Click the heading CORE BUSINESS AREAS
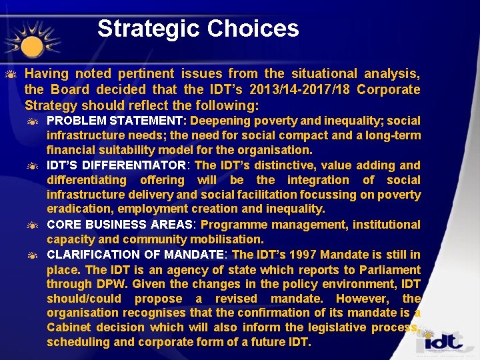coord(119,225)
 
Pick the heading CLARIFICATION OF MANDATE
coord(135,254)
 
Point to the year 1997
coord(303,254)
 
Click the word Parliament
coord(389,269)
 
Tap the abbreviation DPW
coord(103,284)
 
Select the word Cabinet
coord(69,327)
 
